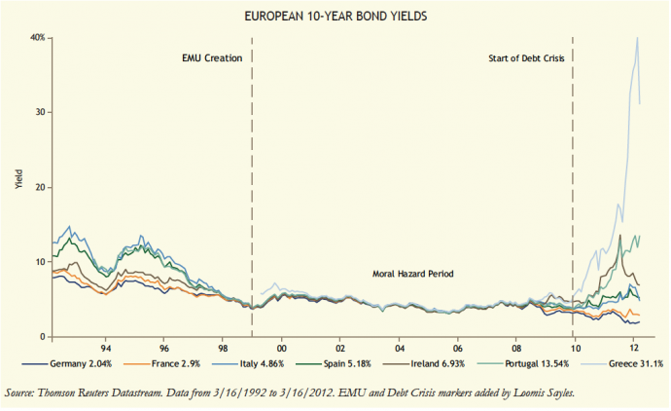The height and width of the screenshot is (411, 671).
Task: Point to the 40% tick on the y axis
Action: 38,37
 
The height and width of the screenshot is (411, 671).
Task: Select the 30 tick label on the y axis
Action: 41,112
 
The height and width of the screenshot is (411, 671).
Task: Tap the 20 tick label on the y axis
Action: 41,187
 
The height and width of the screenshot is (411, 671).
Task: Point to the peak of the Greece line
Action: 636,38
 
